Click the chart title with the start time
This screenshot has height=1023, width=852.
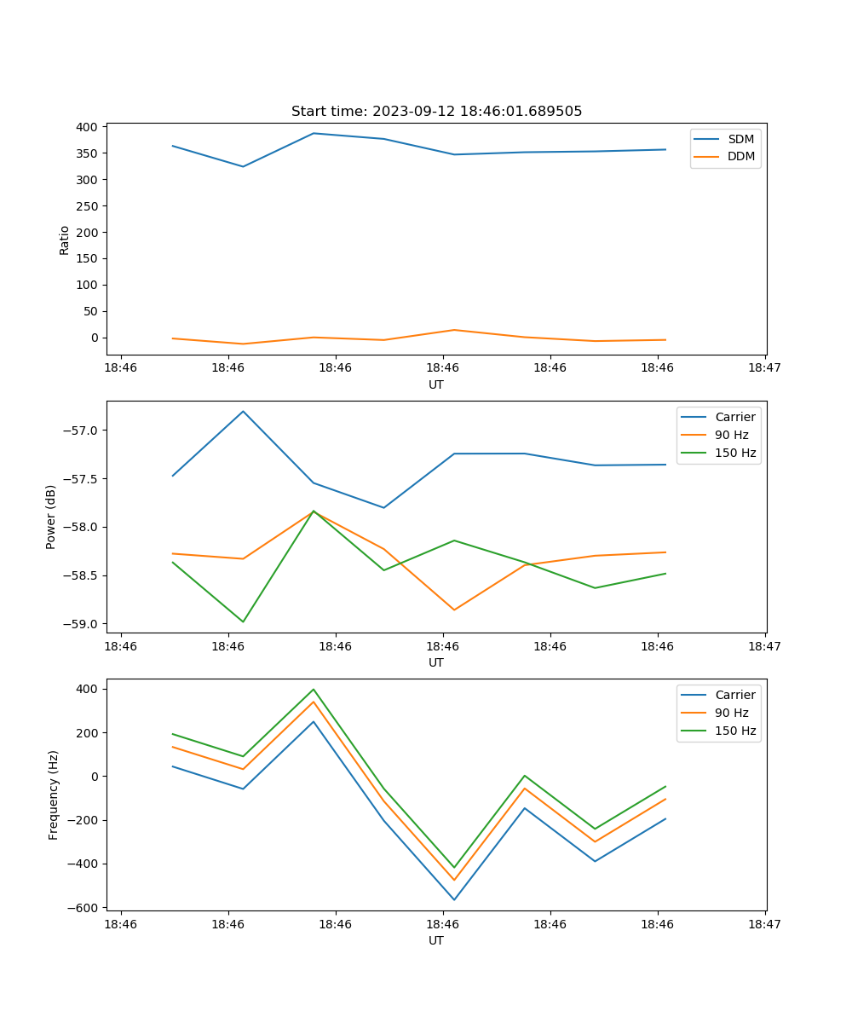coord(436,112)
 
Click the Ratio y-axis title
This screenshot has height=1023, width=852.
coord(65,240)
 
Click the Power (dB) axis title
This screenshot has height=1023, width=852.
coord(51,517)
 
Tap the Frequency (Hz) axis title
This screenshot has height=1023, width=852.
coord(54,795)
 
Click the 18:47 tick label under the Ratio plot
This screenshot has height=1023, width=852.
coord(764,368)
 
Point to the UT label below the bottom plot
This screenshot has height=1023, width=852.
coord(436,940)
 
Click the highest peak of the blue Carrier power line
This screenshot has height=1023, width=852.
coord(243,411)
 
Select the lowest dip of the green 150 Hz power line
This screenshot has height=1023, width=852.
coord(243,621)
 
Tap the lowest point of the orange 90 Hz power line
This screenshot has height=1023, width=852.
coord(454,610)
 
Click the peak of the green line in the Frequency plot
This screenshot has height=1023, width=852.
coord(314,689)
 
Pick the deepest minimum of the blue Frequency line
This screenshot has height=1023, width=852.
coord(454,899)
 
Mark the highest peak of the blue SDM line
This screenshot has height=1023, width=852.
coord(314,133)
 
